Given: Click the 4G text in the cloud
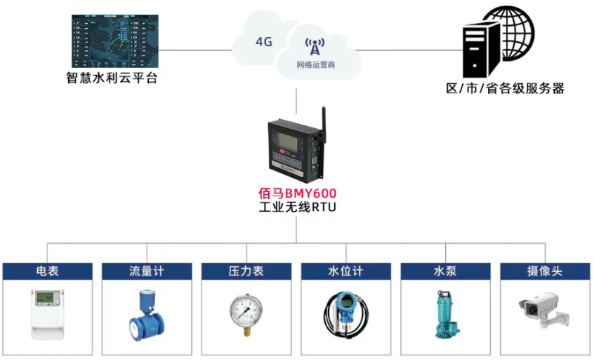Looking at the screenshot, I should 264,41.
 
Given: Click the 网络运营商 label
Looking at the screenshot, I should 316,65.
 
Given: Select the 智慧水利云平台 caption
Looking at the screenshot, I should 111,78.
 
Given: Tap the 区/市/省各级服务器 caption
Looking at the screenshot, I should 505,88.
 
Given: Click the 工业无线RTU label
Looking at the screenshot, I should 296,207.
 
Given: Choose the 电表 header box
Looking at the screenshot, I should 48,271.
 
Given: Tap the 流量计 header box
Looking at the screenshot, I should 147,271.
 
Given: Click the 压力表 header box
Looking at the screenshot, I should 247,271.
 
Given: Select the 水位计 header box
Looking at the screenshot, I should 346,271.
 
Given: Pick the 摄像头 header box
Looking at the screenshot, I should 545,271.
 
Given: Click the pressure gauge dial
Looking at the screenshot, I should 247,311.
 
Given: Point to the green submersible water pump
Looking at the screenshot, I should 446,315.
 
